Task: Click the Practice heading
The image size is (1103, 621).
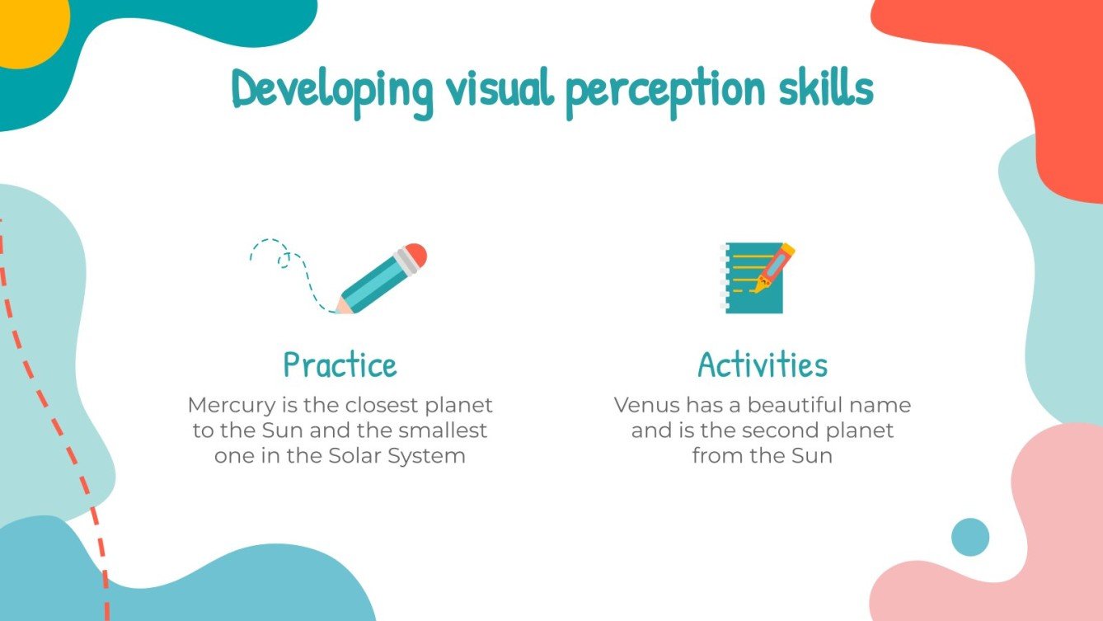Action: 340,365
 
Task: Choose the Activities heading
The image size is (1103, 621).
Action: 763,365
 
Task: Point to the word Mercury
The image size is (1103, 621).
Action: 228,406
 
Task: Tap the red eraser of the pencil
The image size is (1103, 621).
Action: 417,255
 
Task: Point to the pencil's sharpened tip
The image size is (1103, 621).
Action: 340,308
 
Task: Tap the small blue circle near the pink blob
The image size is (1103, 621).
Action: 969,537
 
